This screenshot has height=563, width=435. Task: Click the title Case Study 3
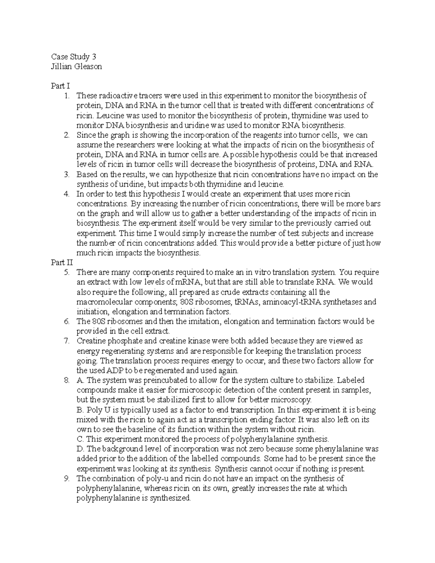[x=74, y=57]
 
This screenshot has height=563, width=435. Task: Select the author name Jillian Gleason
[x=76, y=67]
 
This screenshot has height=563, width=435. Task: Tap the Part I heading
[x=60, y=86]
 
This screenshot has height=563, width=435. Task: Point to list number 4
[x=66, y=194]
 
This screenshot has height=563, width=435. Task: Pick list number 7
[x=66, y=341]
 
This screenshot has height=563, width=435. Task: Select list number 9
[x=66, y=479]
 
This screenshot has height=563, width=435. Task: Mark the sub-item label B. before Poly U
[x=80, y=410]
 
